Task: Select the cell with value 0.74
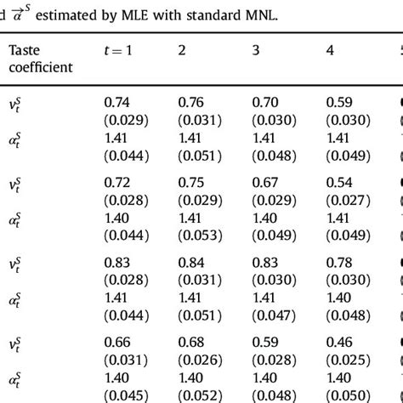coord(118,102)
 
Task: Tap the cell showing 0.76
coord(192,102)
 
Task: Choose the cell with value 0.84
coord(192,264)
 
